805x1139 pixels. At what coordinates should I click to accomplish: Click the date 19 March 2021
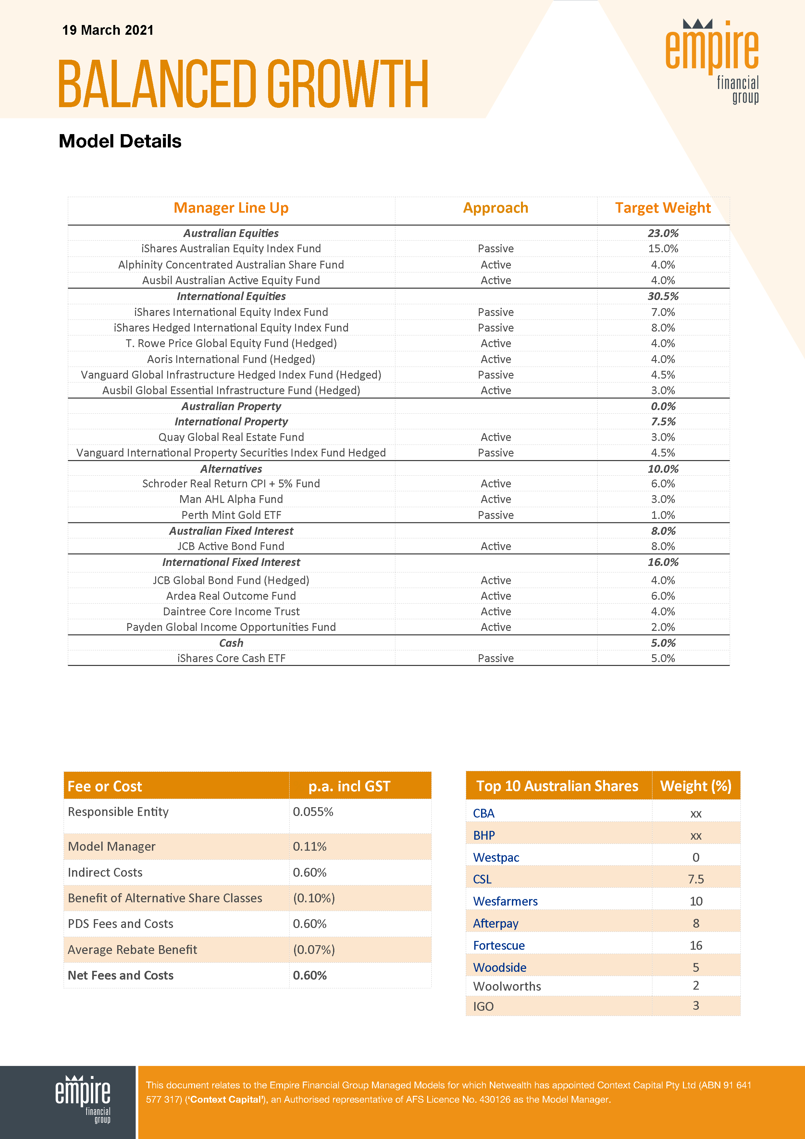click(108, 30)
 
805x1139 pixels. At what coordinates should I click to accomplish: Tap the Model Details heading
click(120, 141)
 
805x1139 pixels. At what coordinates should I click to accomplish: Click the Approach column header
click(496, 208)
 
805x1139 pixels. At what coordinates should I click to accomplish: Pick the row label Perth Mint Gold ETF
click(231, 515)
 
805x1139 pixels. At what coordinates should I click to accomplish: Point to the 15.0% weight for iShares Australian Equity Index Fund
click(663, 248)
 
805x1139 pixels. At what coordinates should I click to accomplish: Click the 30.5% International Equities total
click(663, 296)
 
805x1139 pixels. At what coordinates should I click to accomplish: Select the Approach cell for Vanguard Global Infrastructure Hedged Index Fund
click(496, 375)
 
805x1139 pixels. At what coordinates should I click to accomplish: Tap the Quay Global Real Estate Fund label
click(231, 437)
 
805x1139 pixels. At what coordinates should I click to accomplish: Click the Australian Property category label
click(231, 406)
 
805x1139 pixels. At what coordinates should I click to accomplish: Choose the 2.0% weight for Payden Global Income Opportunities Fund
click(663, 627)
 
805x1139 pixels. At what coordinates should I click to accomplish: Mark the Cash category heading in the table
click(231, 643)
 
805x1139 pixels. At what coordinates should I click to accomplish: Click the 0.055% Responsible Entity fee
click(313, 812)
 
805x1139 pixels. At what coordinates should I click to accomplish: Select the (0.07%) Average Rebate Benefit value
click(314, 949)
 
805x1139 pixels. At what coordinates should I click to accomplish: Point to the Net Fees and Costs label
click(120, 975)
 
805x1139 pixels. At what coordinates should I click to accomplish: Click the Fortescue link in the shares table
click(499, 945)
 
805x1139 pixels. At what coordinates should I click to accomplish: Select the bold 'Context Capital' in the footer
click(226, 1099)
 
